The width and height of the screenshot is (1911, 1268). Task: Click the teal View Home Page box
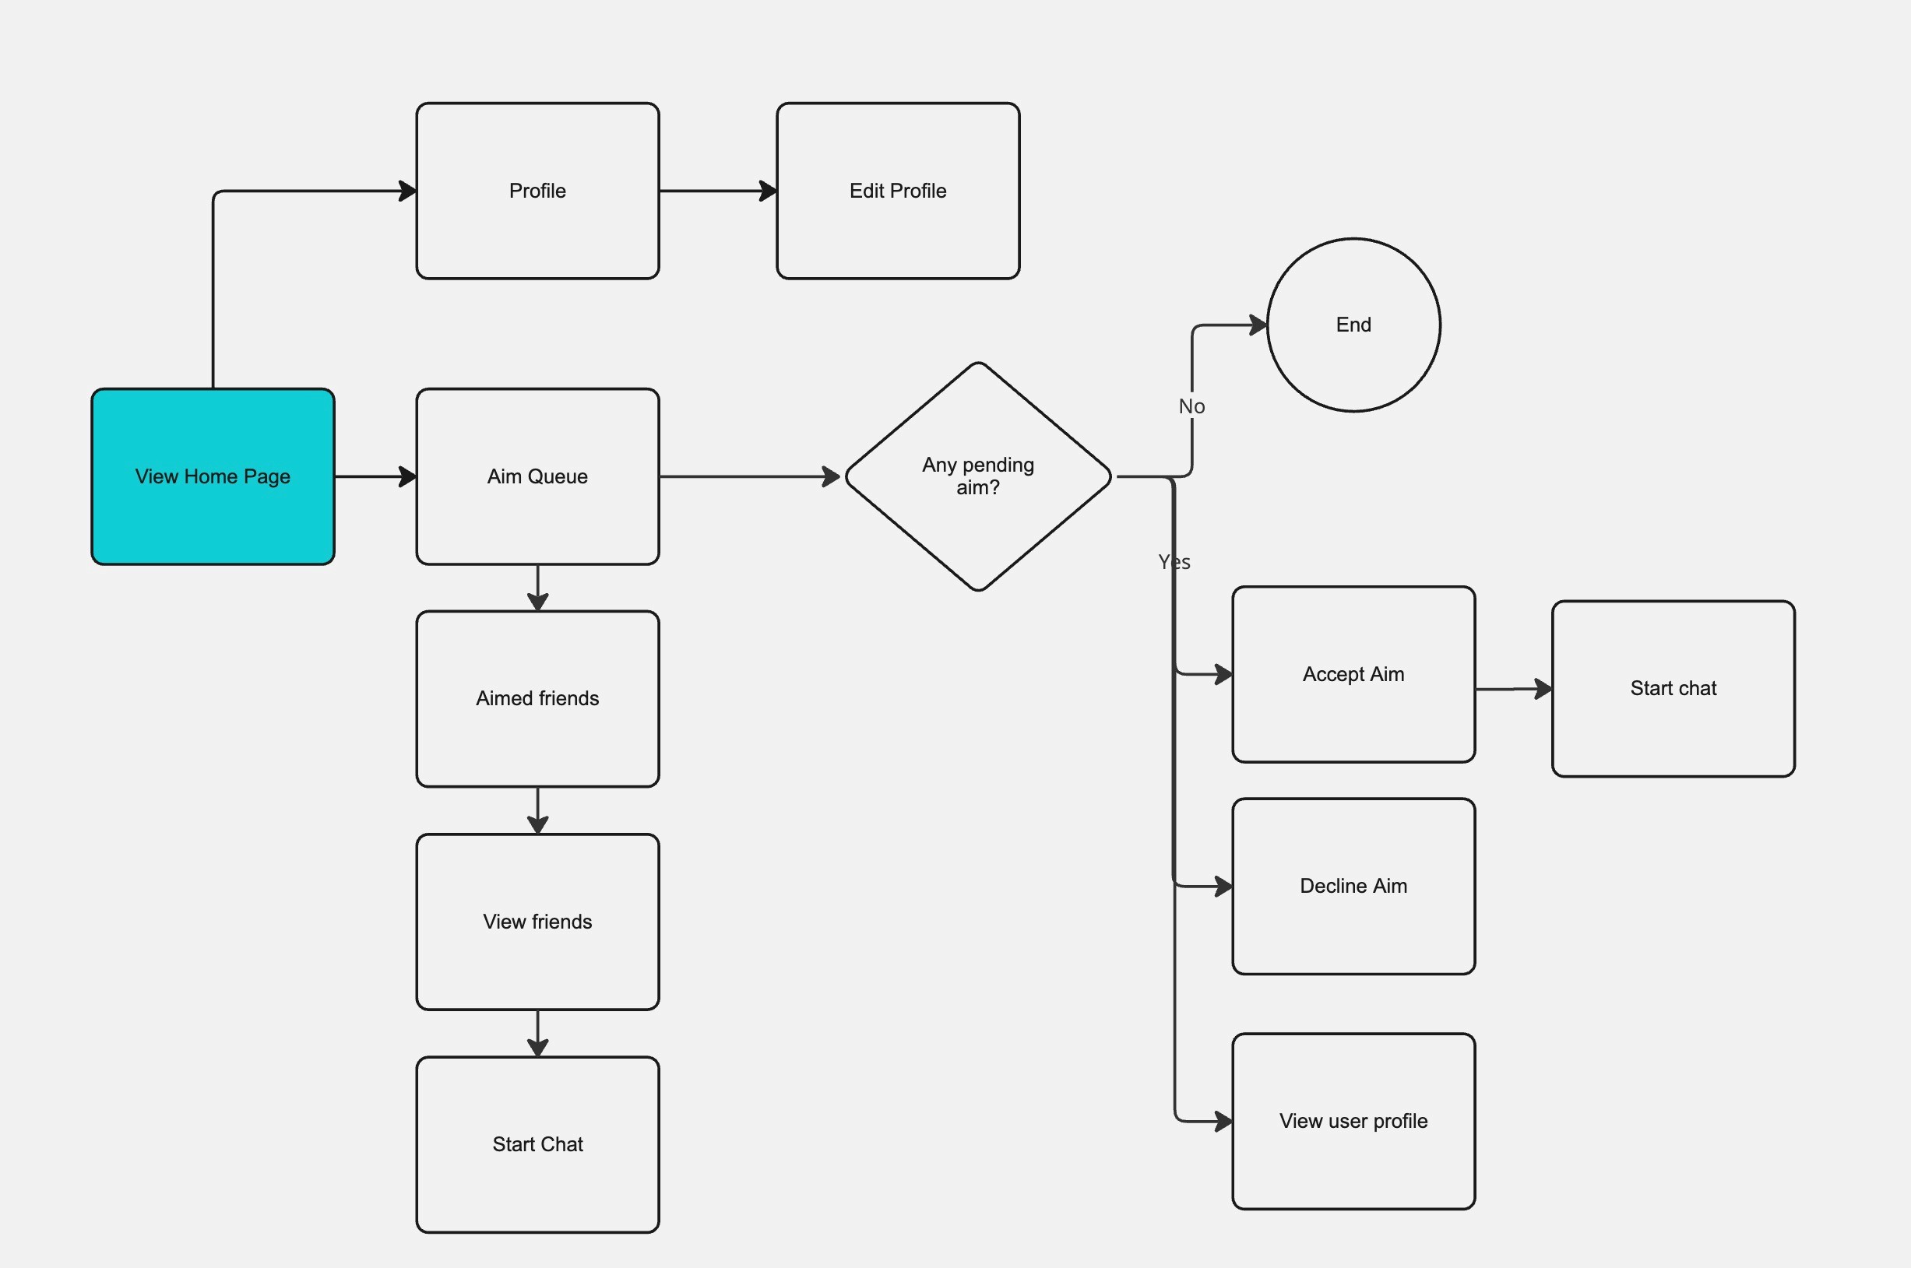(x=213, y=476)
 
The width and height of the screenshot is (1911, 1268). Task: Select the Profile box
(x=537, y=191)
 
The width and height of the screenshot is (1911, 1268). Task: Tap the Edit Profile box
(x=898, y=191)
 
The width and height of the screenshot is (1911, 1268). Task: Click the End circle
(x=1353, y=325)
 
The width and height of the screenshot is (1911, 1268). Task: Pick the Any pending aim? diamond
(x=978, y=476)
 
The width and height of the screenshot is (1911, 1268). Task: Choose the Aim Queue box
(x=537, y=476)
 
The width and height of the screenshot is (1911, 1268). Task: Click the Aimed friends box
(x=537, y=699)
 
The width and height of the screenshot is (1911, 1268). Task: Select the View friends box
(x=537, y=922)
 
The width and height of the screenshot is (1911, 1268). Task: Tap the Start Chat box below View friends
(x=537, y=1144)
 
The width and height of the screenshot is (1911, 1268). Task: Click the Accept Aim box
(x=1353, y=674)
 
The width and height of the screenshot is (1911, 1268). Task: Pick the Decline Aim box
(x=1353, y=887)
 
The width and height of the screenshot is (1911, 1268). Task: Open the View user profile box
(x=1353, y=1121)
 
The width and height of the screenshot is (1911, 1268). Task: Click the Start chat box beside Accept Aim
(x=1673, y=688)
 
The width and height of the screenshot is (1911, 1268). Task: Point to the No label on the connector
(x=1191, y=406)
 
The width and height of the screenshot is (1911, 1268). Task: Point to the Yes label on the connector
(x=1174, y=562)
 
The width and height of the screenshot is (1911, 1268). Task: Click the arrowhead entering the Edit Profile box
(x=769, y=191)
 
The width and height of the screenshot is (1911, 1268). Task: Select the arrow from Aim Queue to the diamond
(x=750, y=476)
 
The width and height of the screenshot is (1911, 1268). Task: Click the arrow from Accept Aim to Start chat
(x=1514, y=689)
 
